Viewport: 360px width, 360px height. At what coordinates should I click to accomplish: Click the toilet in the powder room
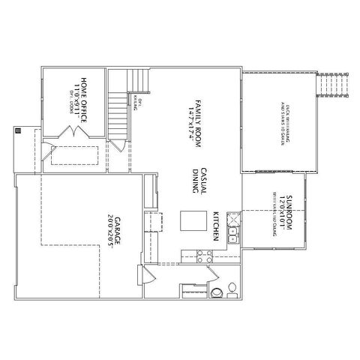[x=216, y=292]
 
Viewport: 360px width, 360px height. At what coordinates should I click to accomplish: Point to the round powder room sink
[x=232, y=287]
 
